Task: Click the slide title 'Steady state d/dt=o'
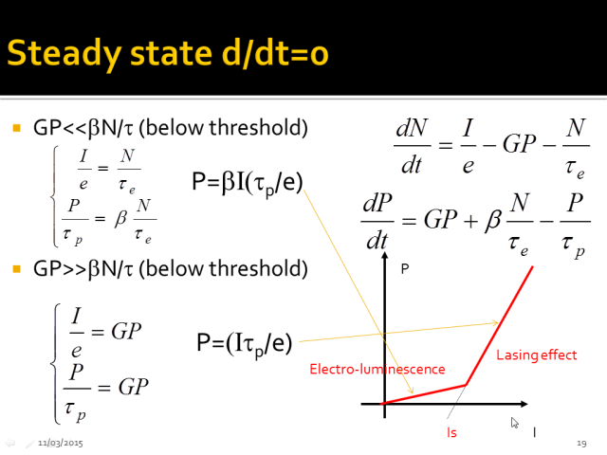coord(168,54)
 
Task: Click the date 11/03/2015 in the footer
coord(61,443)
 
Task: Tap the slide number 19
coord(581,443)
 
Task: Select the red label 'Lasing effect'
coord(537,355)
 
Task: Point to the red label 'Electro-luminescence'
coord(377,369)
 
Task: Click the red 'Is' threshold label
coord(451,432)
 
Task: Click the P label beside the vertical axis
coord(405,269)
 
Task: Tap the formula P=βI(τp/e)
coord(248,182)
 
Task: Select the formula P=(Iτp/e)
coord(245,343)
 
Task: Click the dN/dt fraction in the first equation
coord(412,146)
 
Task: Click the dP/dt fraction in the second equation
coord(377,221)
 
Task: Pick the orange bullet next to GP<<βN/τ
coord(17,128)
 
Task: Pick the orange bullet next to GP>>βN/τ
coord(17,268)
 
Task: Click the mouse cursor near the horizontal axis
coord(514,423)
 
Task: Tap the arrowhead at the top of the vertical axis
coord(384,255)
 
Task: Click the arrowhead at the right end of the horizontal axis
coord(524,404)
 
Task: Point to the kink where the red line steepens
coord(466,385)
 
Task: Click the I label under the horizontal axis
coord(535,432)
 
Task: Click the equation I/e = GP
coord(105,333)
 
